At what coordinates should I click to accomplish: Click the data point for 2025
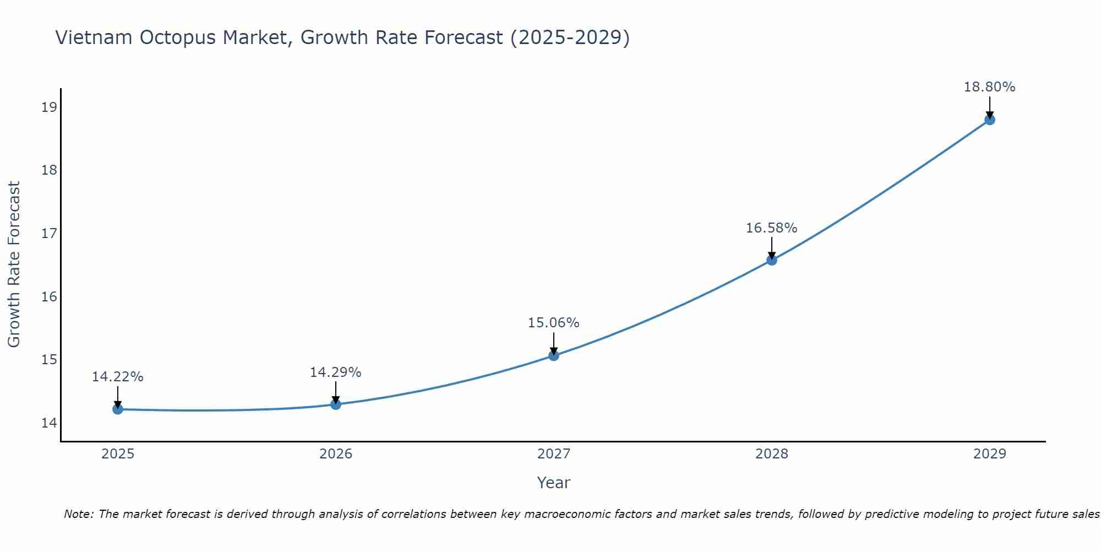point(118,409)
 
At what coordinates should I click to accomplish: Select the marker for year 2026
point(336,404)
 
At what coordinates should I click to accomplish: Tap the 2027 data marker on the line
point(554,355)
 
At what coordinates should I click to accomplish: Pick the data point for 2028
point(772,260)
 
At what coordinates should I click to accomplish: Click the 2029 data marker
point(990,120)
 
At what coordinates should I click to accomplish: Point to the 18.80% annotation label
point(989,87)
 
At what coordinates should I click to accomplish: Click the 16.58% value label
point(771,228)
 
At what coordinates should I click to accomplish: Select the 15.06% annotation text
point(553,323)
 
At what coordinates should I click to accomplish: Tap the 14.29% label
point(335,372)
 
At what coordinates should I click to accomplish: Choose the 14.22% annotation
point(117,377)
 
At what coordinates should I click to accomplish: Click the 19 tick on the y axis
point(49,107)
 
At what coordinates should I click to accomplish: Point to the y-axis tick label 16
point(49,297)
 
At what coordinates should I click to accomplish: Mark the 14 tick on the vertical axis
point(49,423)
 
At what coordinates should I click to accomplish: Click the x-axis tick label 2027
point(554,454)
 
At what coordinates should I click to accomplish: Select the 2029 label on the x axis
point(990,454)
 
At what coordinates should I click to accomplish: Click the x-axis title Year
point(553,483)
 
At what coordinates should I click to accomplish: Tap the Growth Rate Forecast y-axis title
point(14,264)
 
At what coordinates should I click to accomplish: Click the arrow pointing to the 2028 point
point(772,248)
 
